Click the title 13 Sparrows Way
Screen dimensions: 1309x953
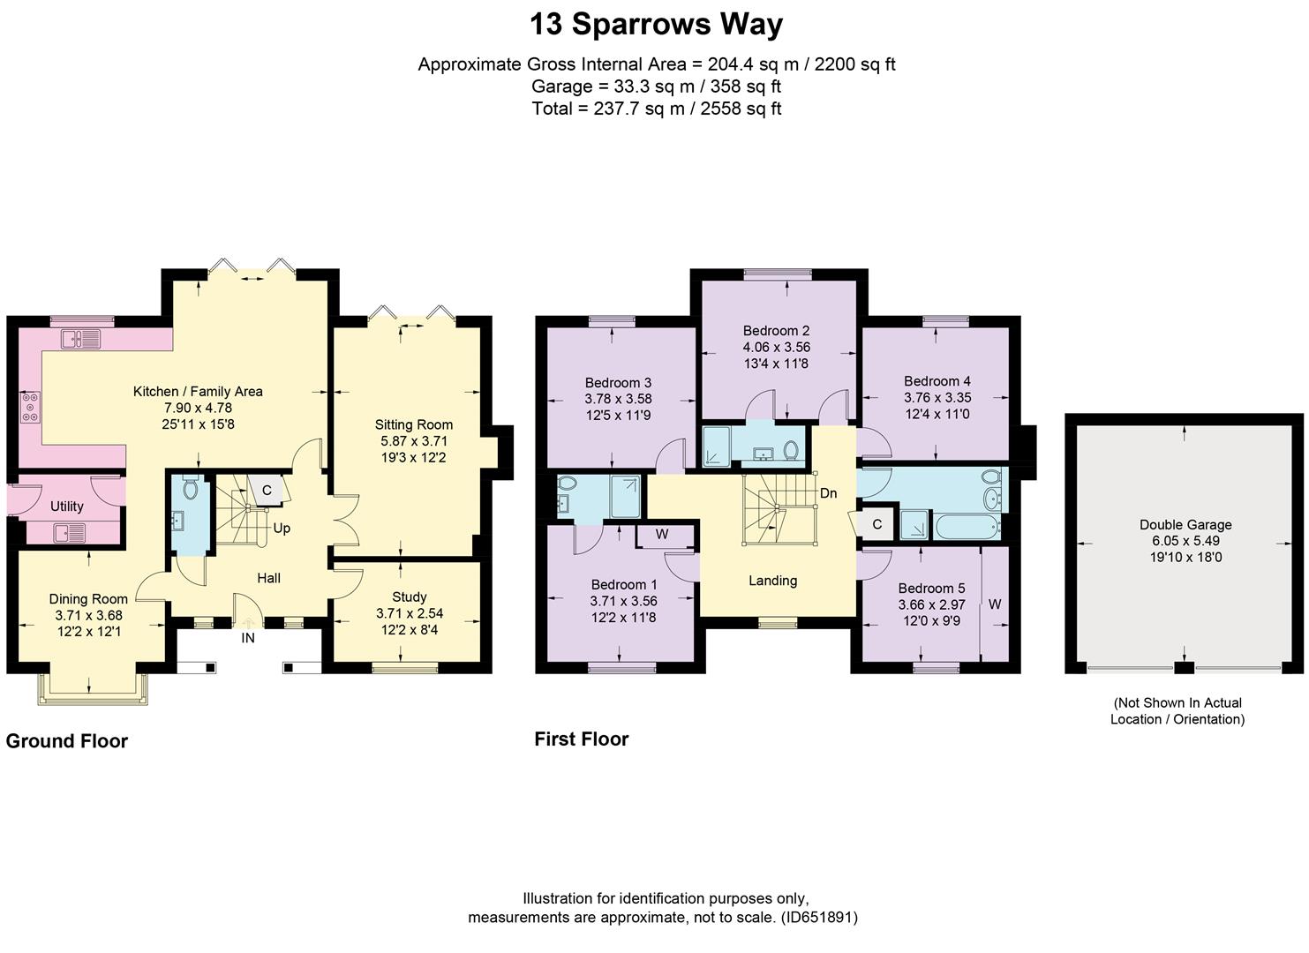tap(656, 25)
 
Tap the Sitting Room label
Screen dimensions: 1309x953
tap(414, 424)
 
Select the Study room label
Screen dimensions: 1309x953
tap(409, 597)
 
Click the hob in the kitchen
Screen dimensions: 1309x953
tap(30, 407)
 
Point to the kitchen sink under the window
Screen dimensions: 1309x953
tap(81, 338)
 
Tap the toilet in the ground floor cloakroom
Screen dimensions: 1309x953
tap(190, 486)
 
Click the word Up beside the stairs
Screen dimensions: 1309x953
tap(282, 529)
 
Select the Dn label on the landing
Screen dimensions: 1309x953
tap(828, 493)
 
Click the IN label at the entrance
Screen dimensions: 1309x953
tap(248, 638)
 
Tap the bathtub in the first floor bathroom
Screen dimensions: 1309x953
tap(967, 526)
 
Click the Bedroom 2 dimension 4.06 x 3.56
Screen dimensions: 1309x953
tap(776, 347)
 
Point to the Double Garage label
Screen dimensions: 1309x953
tap(1185, 525)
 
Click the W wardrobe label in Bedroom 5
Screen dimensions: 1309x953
tap(995, 604)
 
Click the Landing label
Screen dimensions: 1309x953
tap(772, 581)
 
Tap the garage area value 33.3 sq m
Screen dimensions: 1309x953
tap(654, 86)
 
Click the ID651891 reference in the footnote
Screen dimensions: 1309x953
tap(819, 918)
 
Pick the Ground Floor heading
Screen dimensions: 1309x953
tap(66, 741)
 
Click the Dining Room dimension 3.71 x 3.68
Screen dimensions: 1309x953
tap(89, 615)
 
